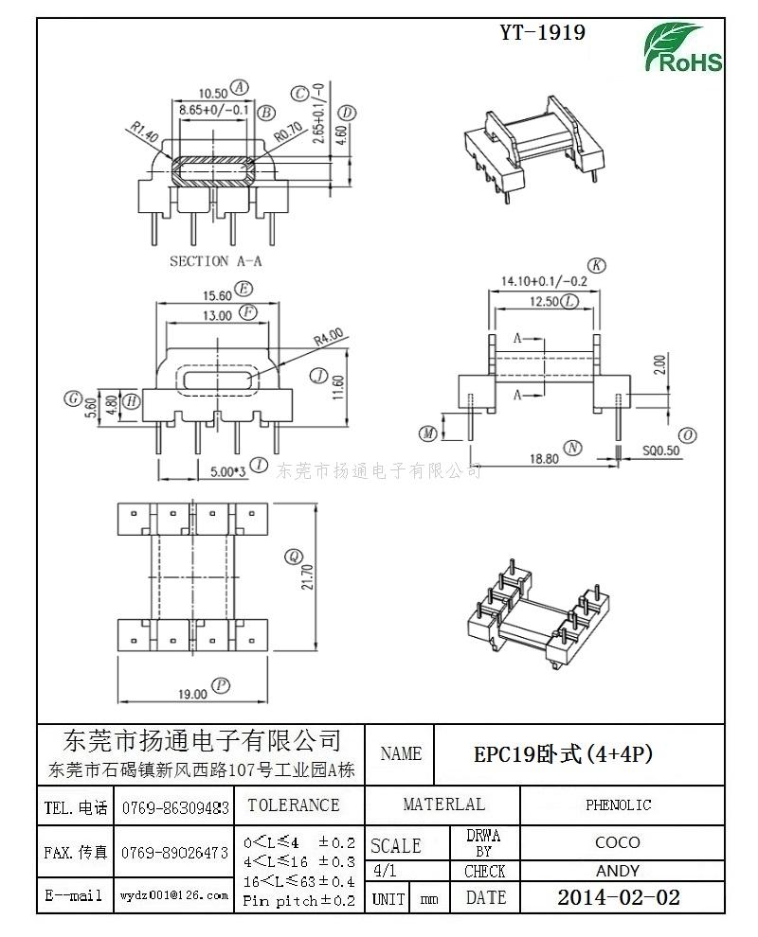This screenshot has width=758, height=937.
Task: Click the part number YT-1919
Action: point(543,32)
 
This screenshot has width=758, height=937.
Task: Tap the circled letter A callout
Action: point(240,87)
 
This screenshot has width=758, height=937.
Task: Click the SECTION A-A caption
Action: point(216,261)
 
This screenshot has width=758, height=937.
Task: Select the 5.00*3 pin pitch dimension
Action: point(228,469)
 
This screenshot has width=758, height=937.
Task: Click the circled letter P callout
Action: point(222,685)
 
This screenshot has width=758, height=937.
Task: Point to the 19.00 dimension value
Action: point(192,694)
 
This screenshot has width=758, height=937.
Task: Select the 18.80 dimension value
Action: point(543,458)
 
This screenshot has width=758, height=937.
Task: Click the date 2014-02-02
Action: point(619,897)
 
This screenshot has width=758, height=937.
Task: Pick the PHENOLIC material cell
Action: point(618,805)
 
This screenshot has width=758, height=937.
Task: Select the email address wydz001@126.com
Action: point(173,894)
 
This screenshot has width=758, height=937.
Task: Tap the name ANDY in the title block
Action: point(618,871)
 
